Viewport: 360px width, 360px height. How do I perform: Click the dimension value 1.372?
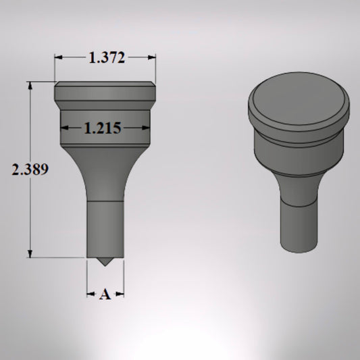click(x=107, y=58)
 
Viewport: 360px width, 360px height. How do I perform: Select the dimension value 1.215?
click(x=103, y=128)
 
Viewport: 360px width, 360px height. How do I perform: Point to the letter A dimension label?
click(x=105, y=294)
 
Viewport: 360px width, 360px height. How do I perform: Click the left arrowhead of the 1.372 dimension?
click(x=58, y=58)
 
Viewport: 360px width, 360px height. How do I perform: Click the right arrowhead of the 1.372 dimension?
click(x=153, y=58)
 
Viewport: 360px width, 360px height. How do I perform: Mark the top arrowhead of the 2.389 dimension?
click(x=30, y=85)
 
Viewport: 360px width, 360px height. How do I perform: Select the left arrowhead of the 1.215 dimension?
click(x=64, y=128)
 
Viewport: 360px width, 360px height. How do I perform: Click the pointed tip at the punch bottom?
click(x=105, y=263)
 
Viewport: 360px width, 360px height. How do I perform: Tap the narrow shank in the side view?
click(x=105, y=230)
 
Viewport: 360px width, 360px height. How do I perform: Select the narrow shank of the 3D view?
click(x=298, y=226)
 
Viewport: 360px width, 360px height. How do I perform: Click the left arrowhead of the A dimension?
click(x=90, y=294)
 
